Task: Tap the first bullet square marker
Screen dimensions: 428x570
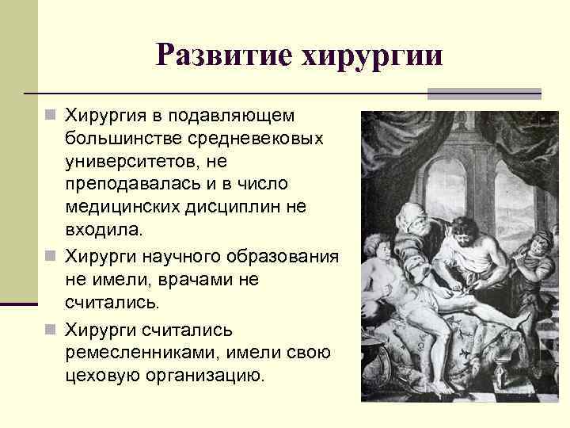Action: pyautogui.click(x=51, y=117)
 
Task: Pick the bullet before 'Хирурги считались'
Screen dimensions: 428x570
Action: pyautogui.click(x=51, y=327)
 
